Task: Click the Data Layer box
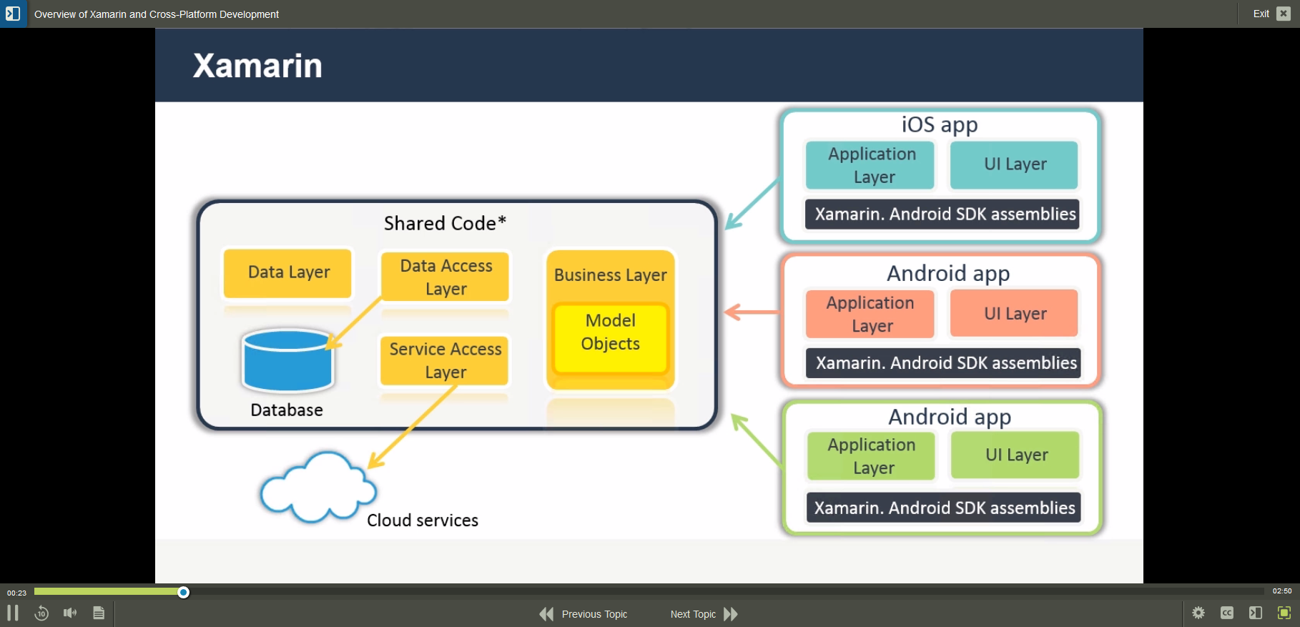click(287, 272)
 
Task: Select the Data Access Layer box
click(445, 277)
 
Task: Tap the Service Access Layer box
click(445, 360)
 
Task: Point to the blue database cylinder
click(287, 361)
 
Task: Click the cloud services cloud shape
click(316, 488)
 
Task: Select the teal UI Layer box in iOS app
click(1014, 164)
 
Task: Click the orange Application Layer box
click(870, 314)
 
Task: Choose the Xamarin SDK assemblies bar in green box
click(943, 508)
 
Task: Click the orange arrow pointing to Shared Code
click(751, 312)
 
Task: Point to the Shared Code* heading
click(445, 223)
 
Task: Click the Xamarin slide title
click(257, 66)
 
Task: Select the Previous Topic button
click(583, 614)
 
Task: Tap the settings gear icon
click(1198, 613)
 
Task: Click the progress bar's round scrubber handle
click(183, 592)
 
